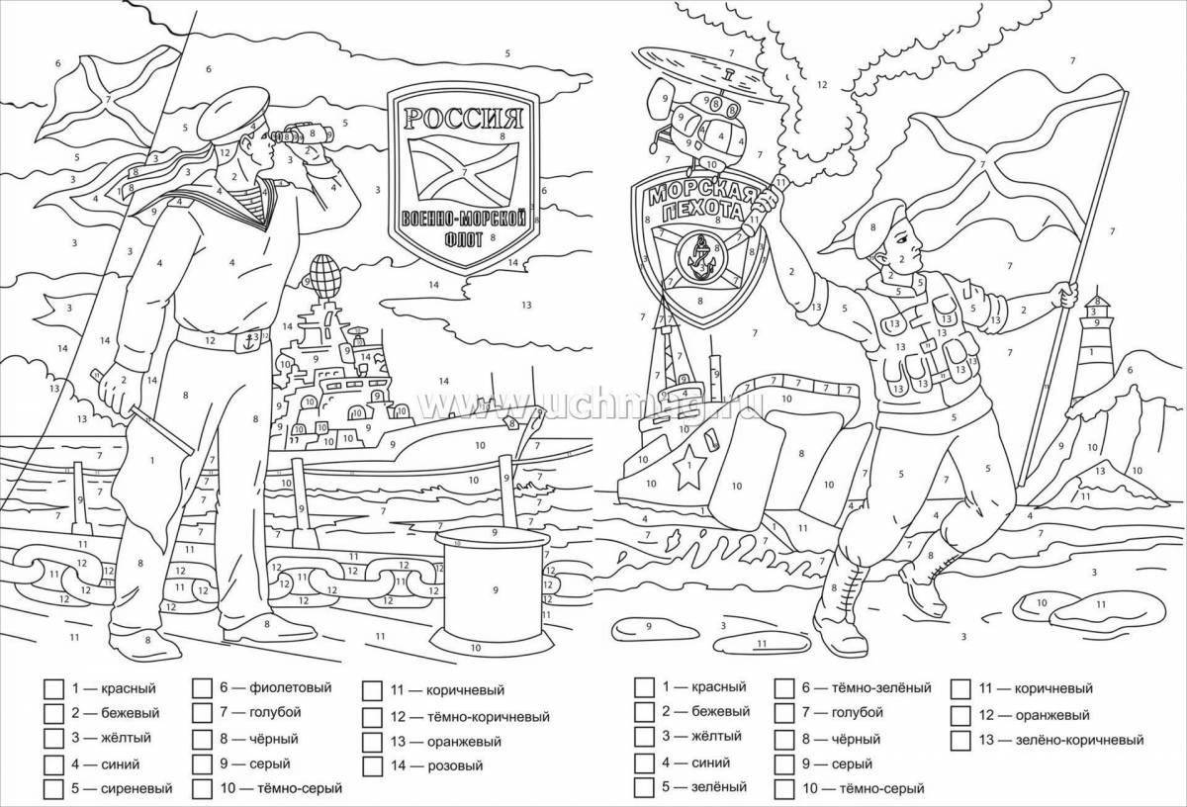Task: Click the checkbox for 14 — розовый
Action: coord(373,764)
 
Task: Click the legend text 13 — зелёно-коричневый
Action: coord(1061,739)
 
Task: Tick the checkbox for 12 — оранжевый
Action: coord(959,713)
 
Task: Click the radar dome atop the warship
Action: coord(324,268)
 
